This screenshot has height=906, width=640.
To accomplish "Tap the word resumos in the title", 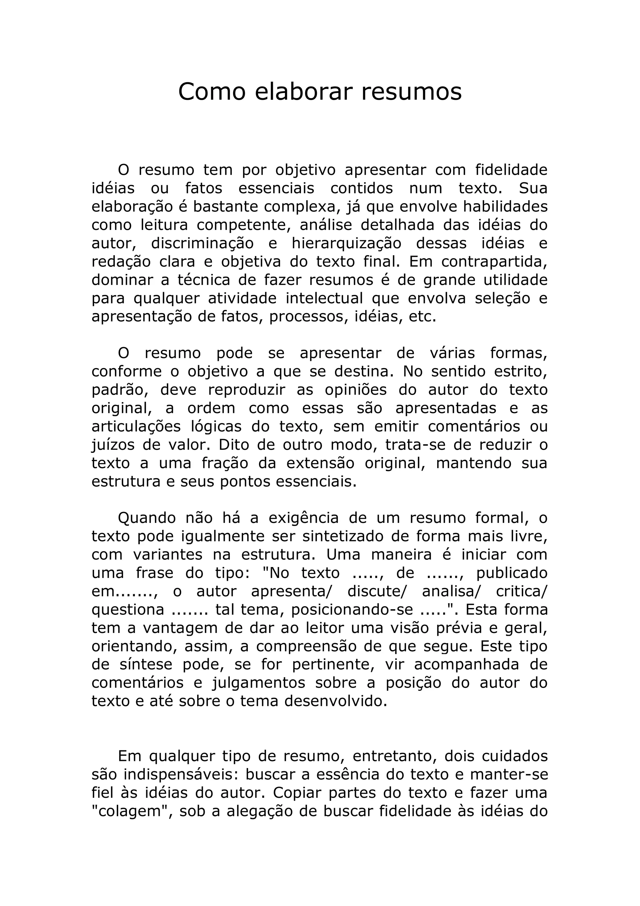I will (411, 92).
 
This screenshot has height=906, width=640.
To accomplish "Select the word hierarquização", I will (346, 244).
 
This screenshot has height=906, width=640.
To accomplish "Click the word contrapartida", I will (494, 262).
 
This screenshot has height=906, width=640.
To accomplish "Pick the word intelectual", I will (324, 298).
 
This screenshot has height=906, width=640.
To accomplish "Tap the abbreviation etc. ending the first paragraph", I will (423, 316).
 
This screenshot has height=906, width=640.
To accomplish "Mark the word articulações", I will (136, 427).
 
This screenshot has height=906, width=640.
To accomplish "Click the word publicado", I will (512, 573).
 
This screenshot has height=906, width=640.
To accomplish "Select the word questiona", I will (128, 610).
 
